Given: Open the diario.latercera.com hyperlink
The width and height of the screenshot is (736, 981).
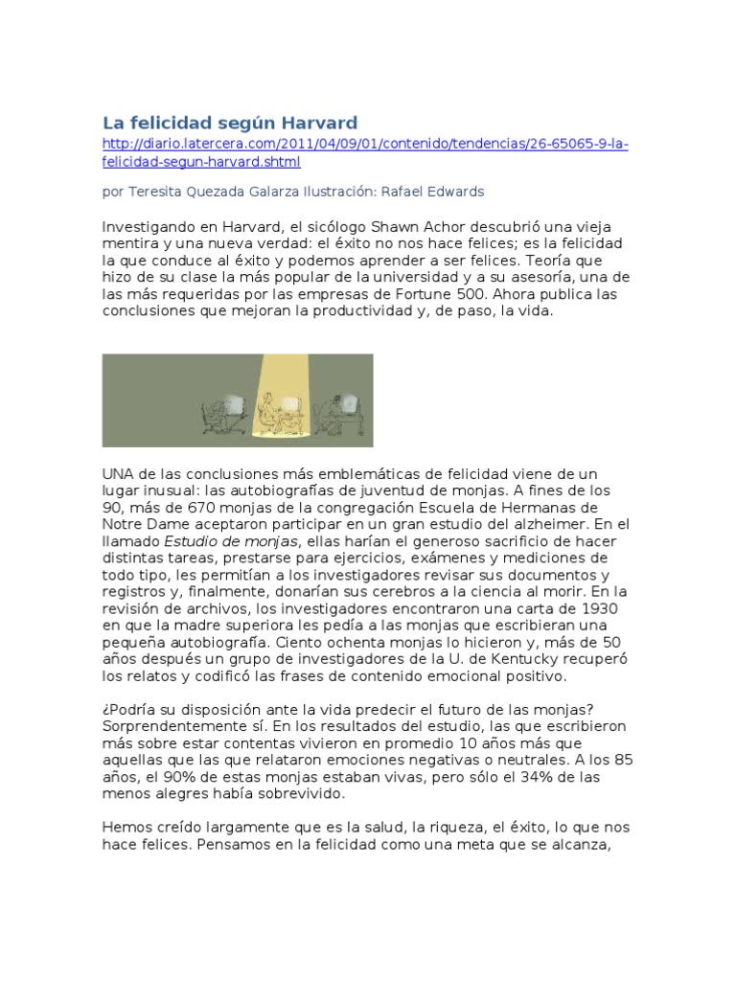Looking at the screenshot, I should point(364,144).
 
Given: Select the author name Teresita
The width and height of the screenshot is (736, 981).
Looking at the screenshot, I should point(157,192).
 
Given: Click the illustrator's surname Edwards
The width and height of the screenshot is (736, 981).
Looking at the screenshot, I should point(456,192).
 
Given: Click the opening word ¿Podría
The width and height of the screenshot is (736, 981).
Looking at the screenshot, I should point(128,709).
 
